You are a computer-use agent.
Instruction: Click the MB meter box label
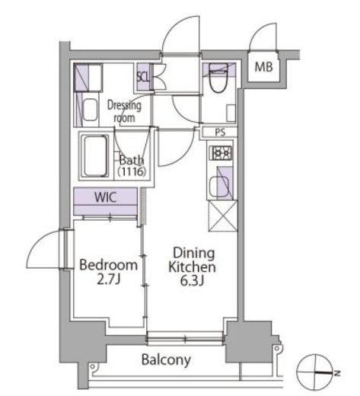click(x=263, y=67)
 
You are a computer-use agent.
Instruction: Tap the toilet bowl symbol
click(x=218, y=80)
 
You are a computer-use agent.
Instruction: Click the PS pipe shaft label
click(x=220, y=133)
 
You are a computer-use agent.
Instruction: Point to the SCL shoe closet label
click(x=143, y=77)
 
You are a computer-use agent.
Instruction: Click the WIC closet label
click(x=105, y=197)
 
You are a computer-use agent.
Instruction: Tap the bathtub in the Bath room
click(x=95, y=156)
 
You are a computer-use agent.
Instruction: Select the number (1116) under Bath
click(x=132, y=172)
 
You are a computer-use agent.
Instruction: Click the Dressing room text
click(x=124, y=112)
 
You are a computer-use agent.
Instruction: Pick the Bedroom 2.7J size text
click(x=108, y=272)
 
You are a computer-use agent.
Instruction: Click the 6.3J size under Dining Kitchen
click(x=192, y=281)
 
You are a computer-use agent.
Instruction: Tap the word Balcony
click(x=166, y=360)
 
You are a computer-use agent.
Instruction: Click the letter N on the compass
click(x=337, y=373)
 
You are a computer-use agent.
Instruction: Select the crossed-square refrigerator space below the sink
click(x=223, y=216)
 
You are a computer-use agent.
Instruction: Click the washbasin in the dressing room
click(x=90, y=110)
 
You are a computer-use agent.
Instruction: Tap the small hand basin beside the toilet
click(x=231, y=113)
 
